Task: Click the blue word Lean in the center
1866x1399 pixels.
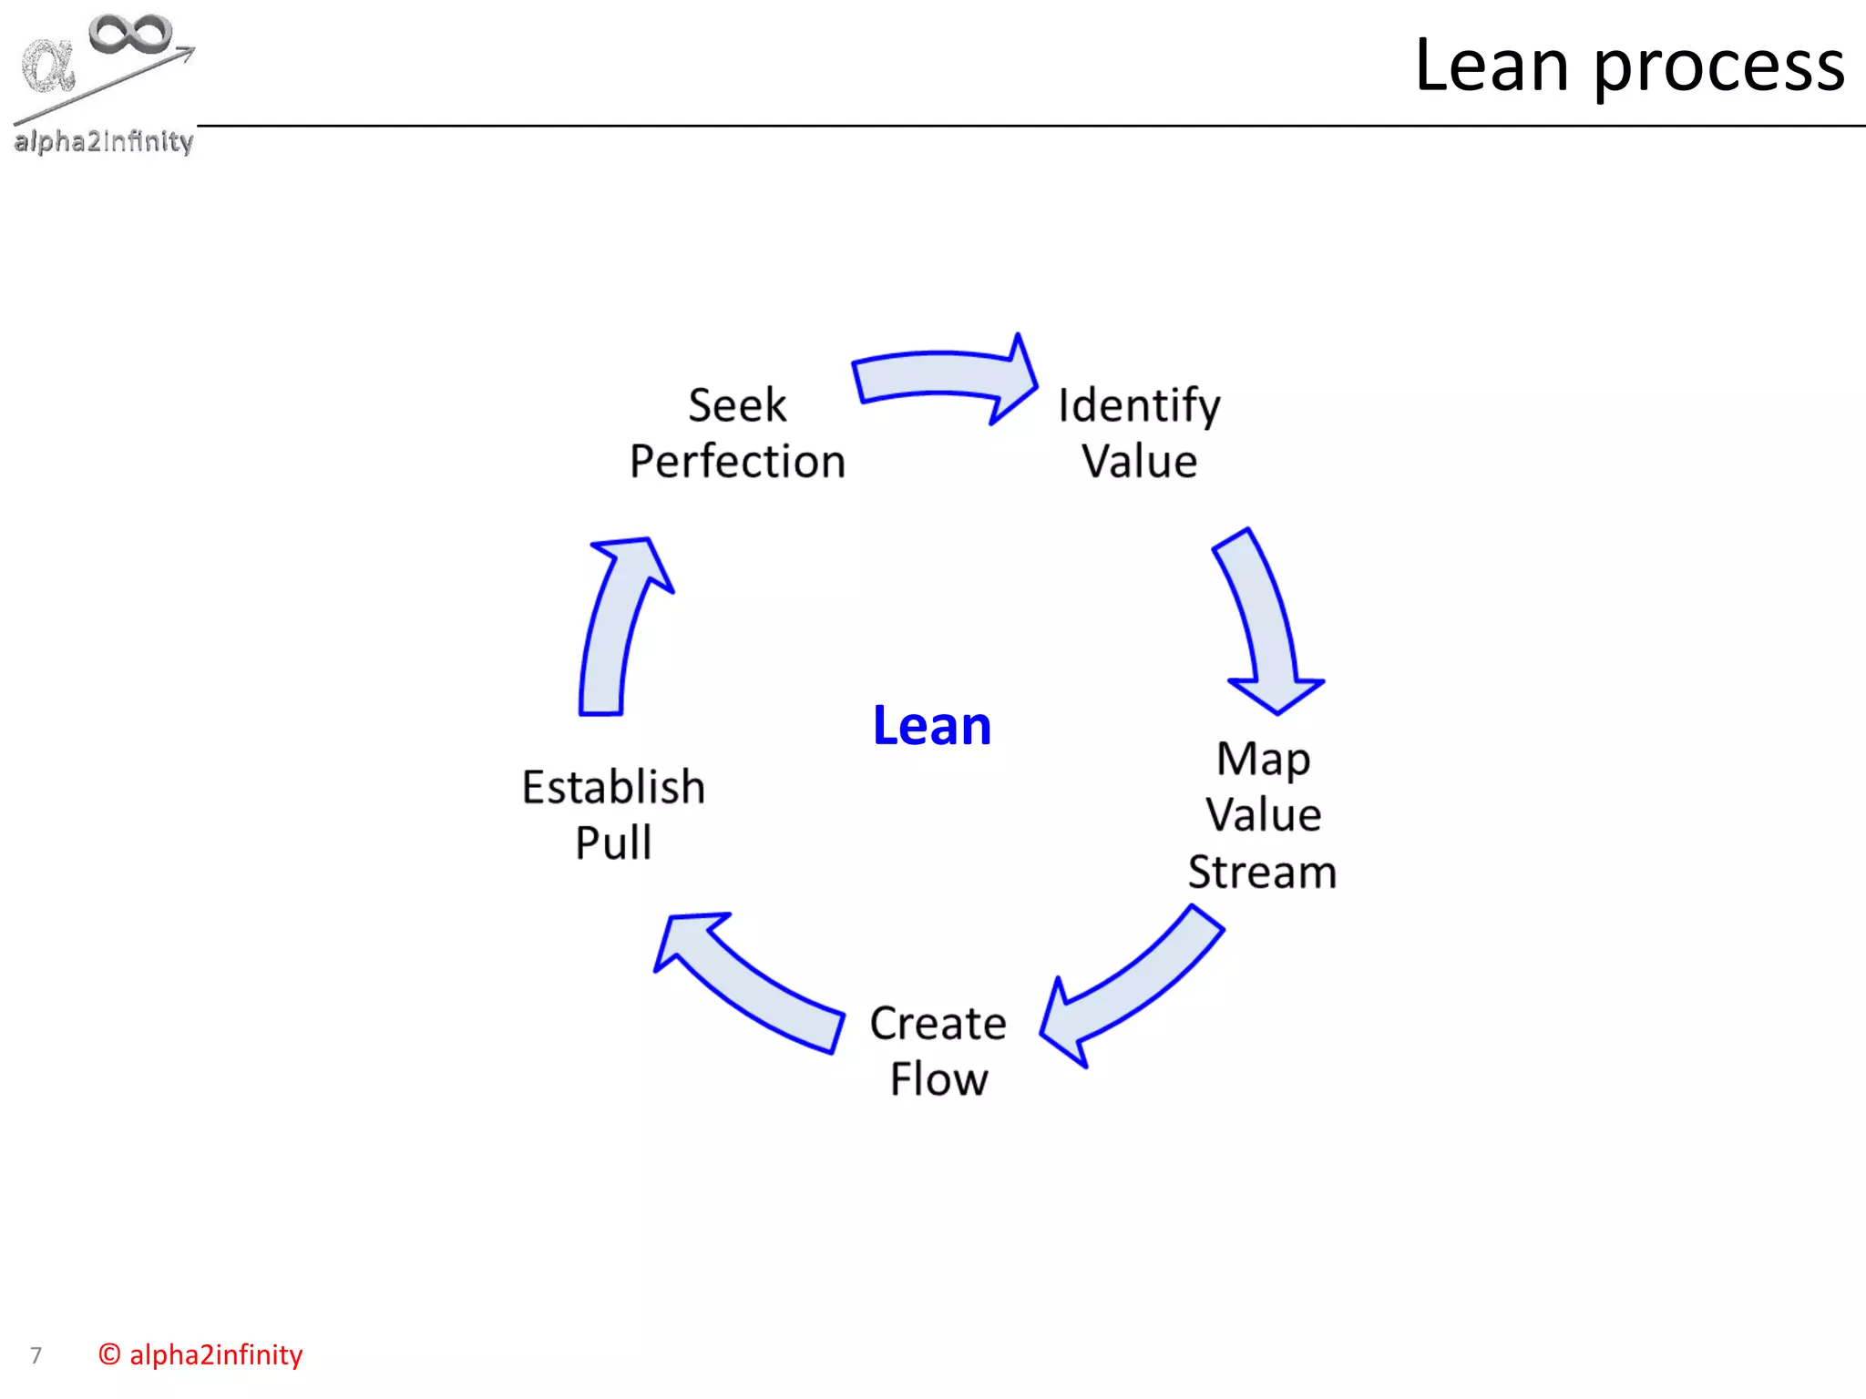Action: tap(931, 726)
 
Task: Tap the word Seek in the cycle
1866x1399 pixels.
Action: tap(737, 404)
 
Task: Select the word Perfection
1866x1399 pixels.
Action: tap(737, 461)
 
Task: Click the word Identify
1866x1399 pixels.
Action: tap(1138, 405)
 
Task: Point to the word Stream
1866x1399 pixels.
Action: tap(1262, 872)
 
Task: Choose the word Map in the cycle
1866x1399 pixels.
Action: tap(1263, 759)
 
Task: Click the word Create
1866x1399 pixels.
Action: tap(938, 1023)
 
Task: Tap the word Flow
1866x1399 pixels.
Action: tap(938, 1079)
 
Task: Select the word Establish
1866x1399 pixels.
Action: tap(613, 787)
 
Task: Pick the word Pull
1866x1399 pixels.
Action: tap(613, 842)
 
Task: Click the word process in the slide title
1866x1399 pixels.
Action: tap(1718, 66)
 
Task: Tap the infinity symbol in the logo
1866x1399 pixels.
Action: tap(130, 34)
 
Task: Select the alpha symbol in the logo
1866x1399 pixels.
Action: tap(48, 66)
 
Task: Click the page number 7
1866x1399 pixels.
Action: tap(36, 1355)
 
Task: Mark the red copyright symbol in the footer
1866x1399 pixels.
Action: tap(109, 1354)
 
